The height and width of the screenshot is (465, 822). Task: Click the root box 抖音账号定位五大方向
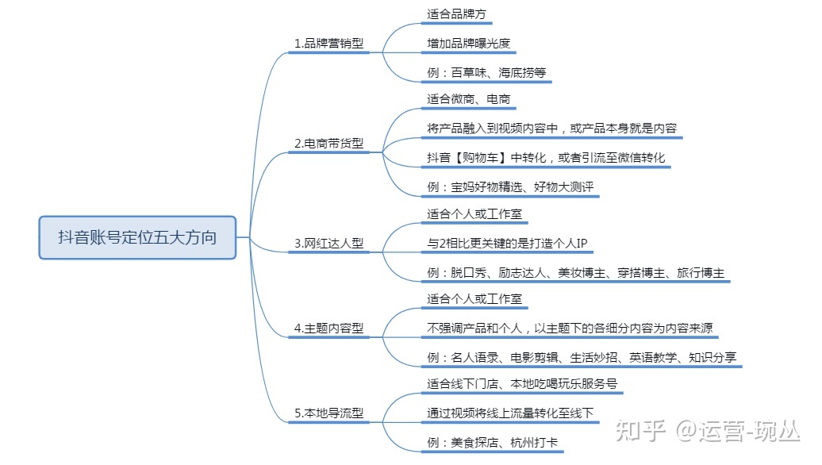tap(137, 237)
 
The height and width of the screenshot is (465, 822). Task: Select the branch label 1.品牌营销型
tap(328, 44)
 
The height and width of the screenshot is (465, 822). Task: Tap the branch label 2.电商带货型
tap(328, 144)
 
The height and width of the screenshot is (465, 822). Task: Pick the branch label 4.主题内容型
tap(328, 328)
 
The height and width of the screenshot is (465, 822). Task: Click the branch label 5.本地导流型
tap(328, 413)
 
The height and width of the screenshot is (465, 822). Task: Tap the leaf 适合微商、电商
tap(468, 99)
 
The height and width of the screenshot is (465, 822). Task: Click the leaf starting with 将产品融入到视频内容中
tap(551, 128)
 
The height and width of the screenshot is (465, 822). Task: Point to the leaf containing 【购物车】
tap(546, 157)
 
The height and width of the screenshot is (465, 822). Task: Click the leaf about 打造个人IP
tap(507, 243)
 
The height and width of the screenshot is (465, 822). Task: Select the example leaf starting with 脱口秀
tap(575, 272)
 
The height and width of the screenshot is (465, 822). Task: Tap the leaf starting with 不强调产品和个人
tap(563, 328)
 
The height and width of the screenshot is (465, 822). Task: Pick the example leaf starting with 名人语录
tap(582, 357)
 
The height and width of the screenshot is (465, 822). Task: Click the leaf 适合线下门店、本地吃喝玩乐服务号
tap(521, 384)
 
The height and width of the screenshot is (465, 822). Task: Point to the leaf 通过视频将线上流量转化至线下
tap(509, 413)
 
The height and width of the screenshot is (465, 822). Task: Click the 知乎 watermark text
tap(640, 432)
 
